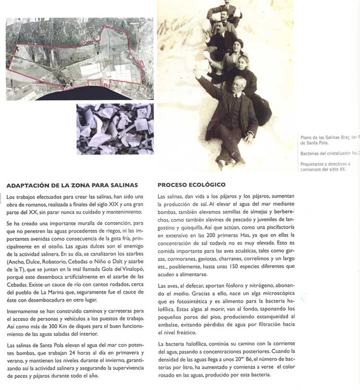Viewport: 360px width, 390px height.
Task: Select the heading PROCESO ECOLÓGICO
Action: (x=192, y=185)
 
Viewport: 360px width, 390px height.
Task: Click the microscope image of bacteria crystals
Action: (x=115, y=129)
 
